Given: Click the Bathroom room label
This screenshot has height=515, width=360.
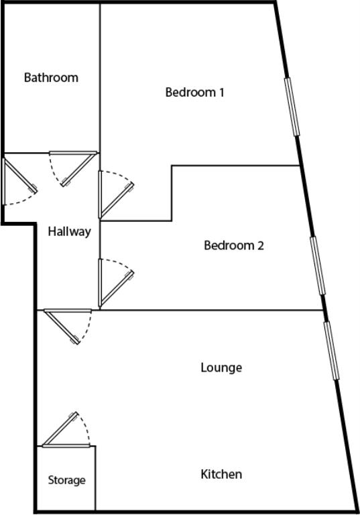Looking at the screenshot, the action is (x=51, y=78).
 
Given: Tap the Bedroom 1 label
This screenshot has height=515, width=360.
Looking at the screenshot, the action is (x=195, y=93).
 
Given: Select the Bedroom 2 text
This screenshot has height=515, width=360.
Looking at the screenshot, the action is (x=234, y=245).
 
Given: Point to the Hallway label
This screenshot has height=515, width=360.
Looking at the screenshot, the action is (x=69, y=232).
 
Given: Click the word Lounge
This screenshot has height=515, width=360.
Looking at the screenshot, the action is (x=221, y=367).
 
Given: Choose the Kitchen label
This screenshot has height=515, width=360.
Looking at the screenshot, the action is (x=221, y=474).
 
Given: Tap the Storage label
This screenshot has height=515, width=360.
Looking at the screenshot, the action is (x=66, y=481).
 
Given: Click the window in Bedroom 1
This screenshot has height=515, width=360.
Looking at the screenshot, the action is (x=292, y=107).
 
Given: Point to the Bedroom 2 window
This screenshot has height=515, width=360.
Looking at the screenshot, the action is (x=318, y=266).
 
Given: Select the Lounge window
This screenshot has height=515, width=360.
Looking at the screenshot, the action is (x=331, y=351).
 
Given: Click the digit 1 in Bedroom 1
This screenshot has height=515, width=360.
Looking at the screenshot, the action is (x=222, y=93).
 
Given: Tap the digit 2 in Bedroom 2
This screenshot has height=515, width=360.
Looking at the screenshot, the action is (x=261, y=245).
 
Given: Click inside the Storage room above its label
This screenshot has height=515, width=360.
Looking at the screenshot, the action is (x=66, y=461).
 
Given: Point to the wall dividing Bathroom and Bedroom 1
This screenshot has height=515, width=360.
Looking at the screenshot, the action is (x=100, y=78).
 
